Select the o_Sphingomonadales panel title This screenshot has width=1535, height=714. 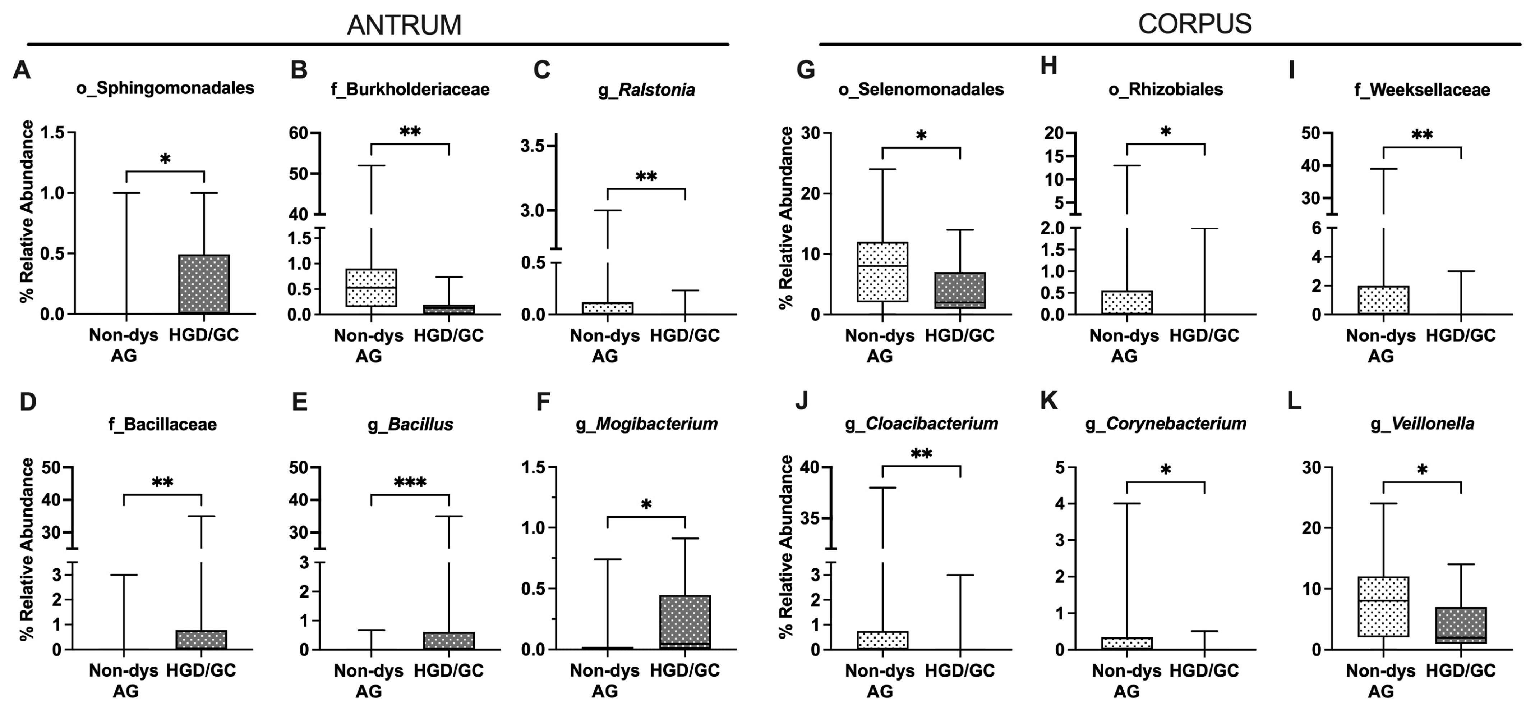tap(165, 88)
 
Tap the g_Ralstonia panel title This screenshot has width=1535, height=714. tap(646, 90)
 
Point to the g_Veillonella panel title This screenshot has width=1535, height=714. tap(1422, 424)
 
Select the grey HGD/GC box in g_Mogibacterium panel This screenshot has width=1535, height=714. tap(685, 622)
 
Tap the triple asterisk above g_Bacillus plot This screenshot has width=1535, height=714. tap(410, 482)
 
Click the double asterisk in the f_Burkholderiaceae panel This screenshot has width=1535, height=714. tap(410, 132)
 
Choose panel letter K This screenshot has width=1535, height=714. tap(1049, 401)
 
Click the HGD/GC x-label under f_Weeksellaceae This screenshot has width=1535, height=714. tap(1461, 335)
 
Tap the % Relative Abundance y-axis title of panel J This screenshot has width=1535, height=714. tap(787, 546)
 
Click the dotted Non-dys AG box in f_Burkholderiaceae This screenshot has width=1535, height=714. tap(371, 288)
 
